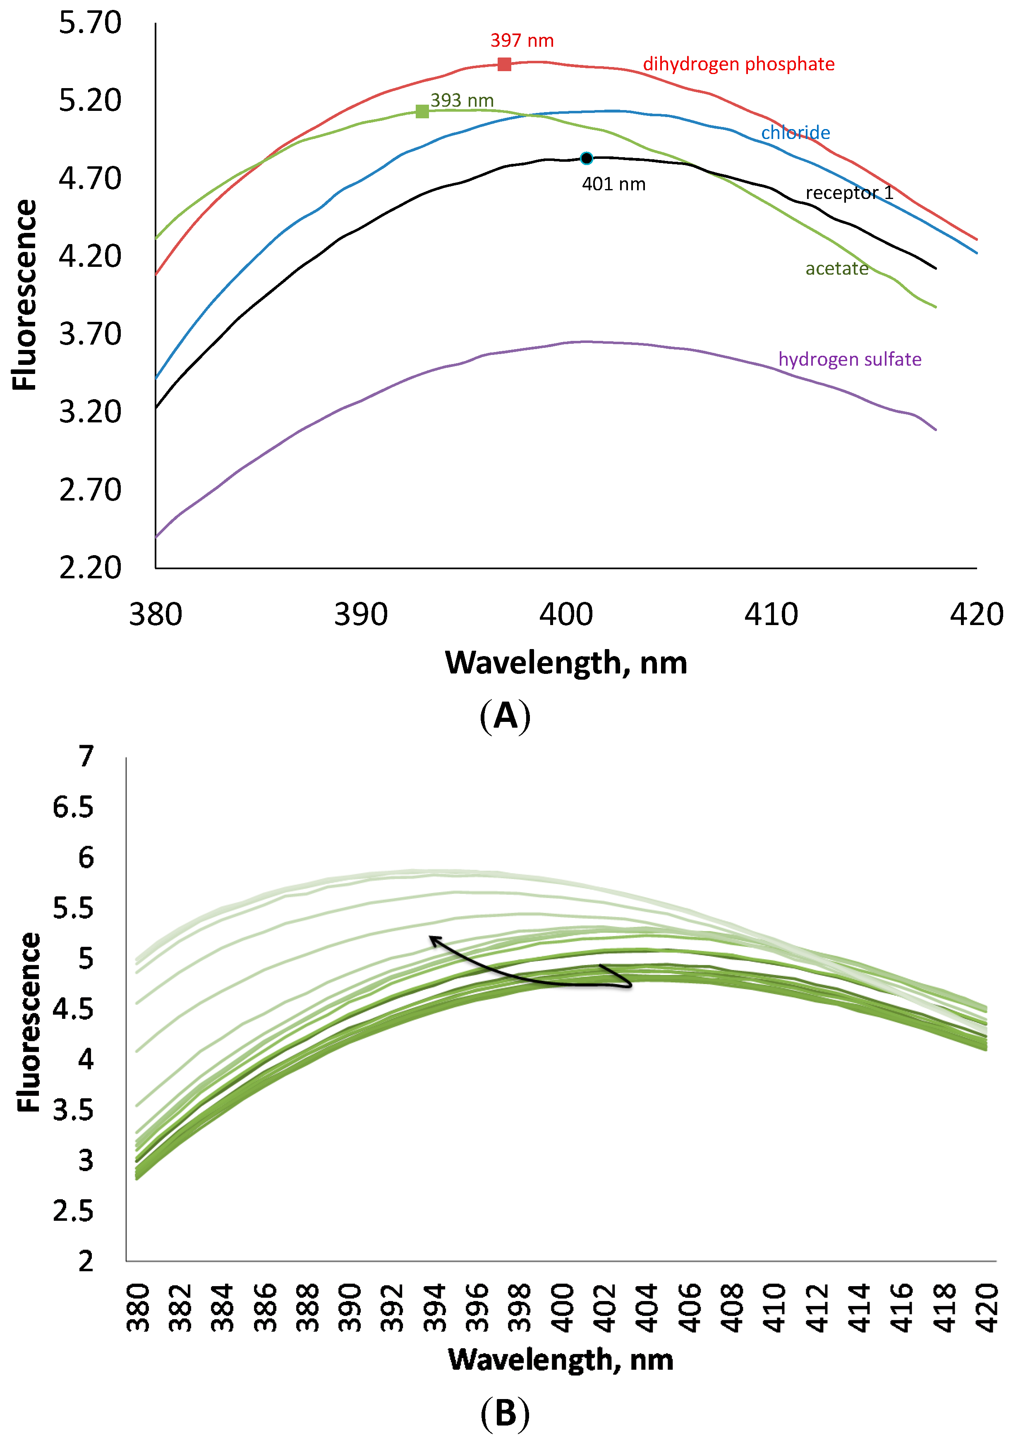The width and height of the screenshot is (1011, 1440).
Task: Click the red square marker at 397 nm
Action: (504, 64)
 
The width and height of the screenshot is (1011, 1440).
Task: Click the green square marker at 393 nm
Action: (422, 112)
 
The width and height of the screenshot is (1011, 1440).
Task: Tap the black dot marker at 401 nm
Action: (587, 158)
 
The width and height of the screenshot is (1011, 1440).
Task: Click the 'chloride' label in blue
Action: (795, 132)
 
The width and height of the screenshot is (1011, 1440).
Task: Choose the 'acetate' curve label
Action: (837, 268)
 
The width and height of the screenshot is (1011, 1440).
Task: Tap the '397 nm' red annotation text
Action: (522, 41)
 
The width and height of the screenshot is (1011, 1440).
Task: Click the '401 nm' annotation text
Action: (613, 184)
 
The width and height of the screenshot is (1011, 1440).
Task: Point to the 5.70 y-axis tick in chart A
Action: (90, 23)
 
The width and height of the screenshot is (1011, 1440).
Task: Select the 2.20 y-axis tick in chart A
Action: (90, 568)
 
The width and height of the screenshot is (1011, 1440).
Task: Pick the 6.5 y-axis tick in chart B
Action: (73, 807)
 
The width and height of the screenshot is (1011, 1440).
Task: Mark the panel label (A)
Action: (505, 716)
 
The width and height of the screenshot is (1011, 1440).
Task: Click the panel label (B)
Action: (505, 1414)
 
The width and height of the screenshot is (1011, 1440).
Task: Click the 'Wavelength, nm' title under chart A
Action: (566, 663)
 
